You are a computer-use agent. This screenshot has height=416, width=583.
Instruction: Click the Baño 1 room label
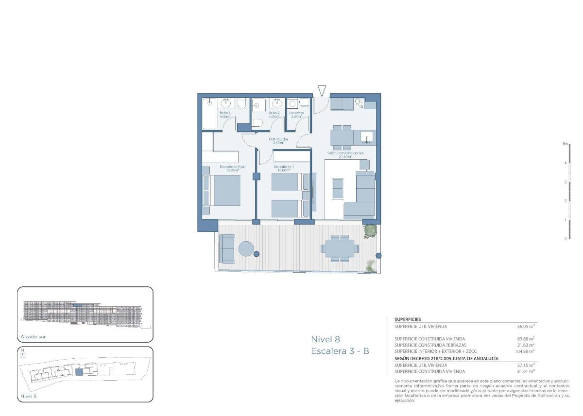224,113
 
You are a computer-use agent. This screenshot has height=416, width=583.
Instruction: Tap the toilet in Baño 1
241,103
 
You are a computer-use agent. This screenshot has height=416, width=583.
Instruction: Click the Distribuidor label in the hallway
279,139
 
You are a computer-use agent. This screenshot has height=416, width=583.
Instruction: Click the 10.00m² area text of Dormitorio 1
291,170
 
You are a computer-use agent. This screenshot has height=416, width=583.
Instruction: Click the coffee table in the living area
337,188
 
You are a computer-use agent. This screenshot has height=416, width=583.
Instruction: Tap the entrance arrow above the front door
322,91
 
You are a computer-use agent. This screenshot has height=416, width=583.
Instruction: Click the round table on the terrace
246,249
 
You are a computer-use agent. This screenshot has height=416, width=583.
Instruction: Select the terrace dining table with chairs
339,249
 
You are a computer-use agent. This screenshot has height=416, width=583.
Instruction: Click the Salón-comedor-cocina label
345,153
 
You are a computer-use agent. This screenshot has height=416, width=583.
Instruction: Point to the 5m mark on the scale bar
565,144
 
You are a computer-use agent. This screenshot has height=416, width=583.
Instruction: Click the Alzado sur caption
33,336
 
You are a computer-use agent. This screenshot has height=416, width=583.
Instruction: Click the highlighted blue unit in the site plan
80,372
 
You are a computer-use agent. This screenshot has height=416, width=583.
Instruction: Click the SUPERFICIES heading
408,319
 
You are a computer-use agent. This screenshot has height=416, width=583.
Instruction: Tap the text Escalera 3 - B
340,350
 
